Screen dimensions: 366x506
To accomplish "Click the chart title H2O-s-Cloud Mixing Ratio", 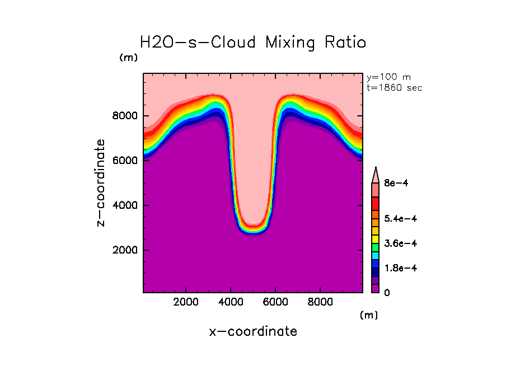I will click(253, 43).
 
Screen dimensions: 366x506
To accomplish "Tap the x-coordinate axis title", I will click(253, 331).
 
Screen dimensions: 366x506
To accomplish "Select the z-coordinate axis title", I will click(101, 183).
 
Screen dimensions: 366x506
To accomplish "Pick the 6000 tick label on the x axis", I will click(275, 302).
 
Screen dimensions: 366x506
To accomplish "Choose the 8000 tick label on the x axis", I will click(320, 302).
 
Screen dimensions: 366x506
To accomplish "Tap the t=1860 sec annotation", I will click(395, 87).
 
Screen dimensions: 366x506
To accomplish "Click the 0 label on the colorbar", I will click(386, 293).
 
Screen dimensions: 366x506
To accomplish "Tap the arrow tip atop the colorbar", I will click(376, 170).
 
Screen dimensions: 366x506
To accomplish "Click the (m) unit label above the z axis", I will click(128, 58).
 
